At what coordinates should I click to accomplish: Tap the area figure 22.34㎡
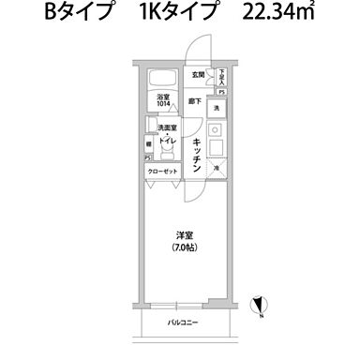click(277, 13)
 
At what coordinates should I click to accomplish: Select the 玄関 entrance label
click(199, 74)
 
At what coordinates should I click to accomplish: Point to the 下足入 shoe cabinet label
click(222, 75)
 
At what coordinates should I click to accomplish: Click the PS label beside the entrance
click(221, 92)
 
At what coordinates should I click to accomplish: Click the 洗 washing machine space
click(215, 110)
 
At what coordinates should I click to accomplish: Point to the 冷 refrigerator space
click(217, 170)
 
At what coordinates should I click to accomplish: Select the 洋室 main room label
click(183, 235)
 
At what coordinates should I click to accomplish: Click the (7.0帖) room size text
click(183, 247)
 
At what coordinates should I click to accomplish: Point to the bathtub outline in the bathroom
click(163, 77)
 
